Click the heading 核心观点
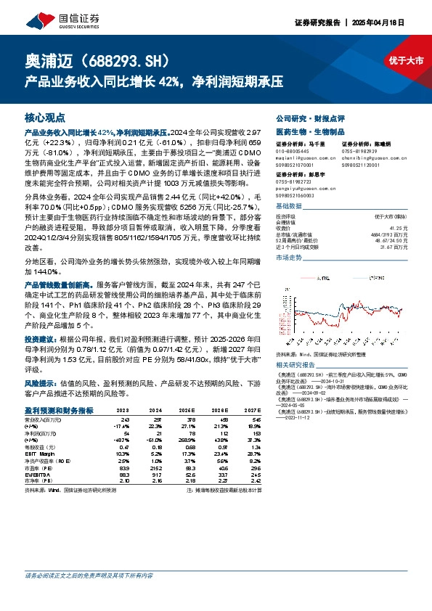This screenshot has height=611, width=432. [45, 118]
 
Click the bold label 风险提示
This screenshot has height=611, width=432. [38, 382]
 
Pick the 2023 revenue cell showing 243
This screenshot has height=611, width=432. [124, 419]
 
